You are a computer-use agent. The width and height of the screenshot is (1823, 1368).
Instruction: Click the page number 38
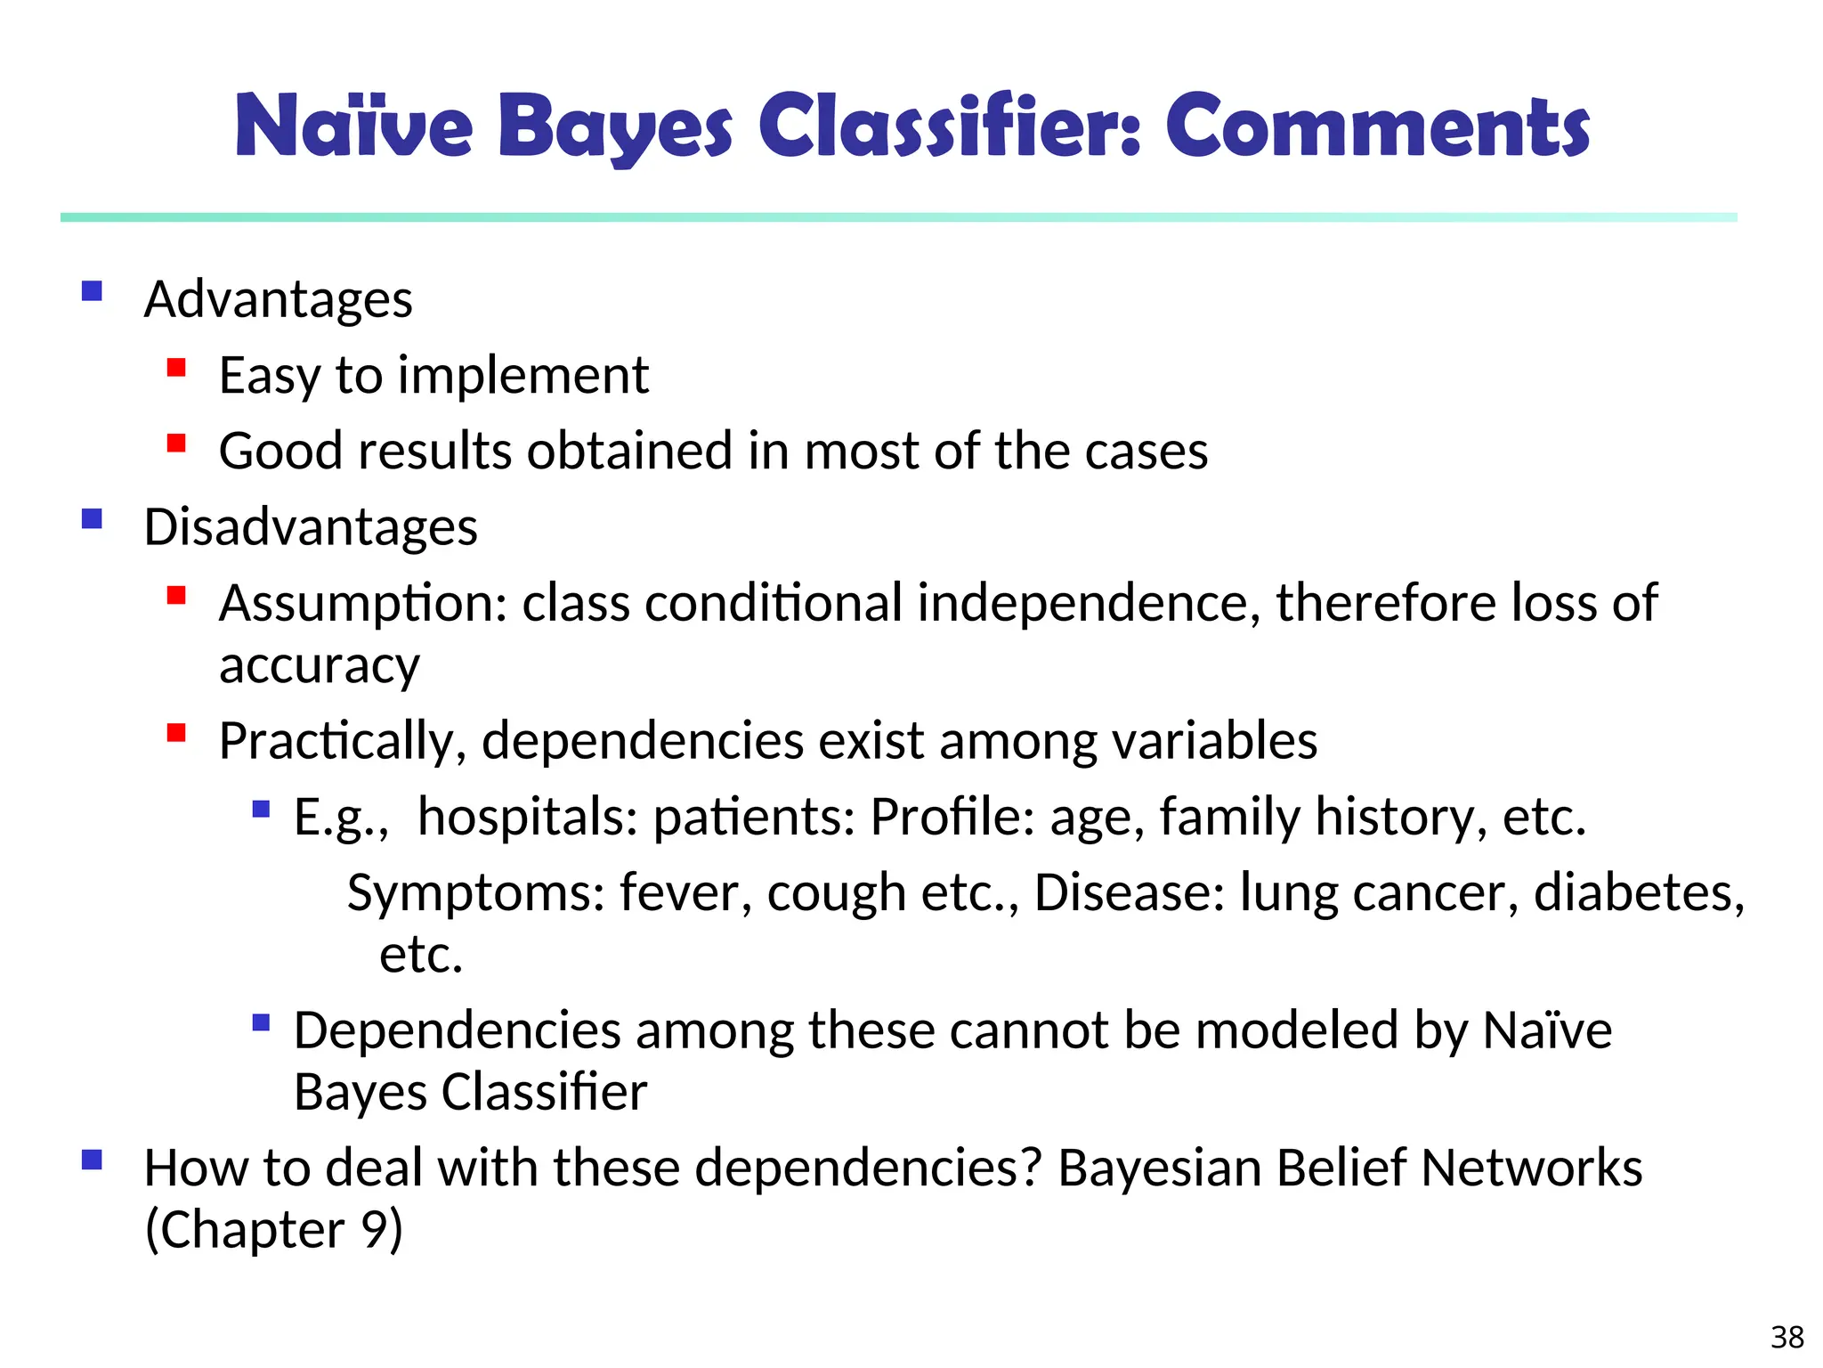click(1787, 1337)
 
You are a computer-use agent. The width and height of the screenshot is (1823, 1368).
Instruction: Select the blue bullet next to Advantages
click(92, 291)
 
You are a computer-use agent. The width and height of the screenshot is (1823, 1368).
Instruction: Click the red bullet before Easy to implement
click(176, 367)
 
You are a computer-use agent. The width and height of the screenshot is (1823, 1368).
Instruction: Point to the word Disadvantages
click(311, 527)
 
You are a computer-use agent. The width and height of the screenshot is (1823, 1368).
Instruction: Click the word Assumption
click(362, 604)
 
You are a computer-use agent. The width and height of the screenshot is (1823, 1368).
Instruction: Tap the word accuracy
click(319, 665)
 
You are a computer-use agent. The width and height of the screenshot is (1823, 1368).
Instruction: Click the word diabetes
click(1639, 892)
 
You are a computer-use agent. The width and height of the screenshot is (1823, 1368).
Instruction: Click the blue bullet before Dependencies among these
click(261, 1022)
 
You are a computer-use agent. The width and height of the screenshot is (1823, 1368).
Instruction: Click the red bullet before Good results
click(176, 443)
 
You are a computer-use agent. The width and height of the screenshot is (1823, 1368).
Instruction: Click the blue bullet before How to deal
click(92, 1160)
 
